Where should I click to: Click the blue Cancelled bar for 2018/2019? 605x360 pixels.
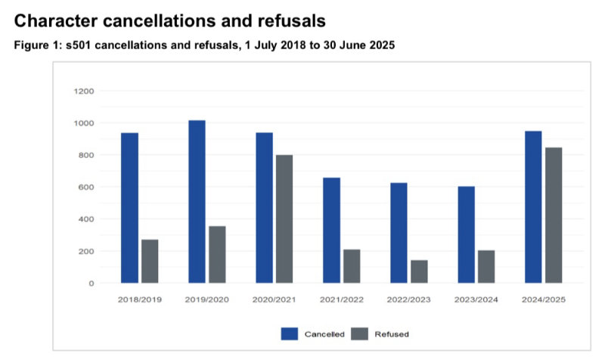pos(129,208)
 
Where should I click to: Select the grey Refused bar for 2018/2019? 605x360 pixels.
pos(150,261)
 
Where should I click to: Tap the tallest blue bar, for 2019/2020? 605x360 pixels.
pos(197,201)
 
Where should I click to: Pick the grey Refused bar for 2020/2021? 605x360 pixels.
pos(284,219)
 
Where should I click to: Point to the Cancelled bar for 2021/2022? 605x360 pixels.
pos(331,230)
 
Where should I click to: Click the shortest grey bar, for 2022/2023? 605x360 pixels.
pos(419,272)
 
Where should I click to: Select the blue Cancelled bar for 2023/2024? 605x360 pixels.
pos(466,234)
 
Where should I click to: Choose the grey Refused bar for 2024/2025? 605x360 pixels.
pos(554,215)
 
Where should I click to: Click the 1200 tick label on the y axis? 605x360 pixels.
pos(83,92)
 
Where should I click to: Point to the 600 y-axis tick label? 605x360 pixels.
pos(85,188)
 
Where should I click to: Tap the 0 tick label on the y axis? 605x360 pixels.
pos(91,284)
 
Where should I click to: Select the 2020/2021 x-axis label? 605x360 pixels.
pos(274,300)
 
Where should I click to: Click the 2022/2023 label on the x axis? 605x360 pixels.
pos(409,300)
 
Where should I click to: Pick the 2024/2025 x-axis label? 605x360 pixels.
pos(544,300)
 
